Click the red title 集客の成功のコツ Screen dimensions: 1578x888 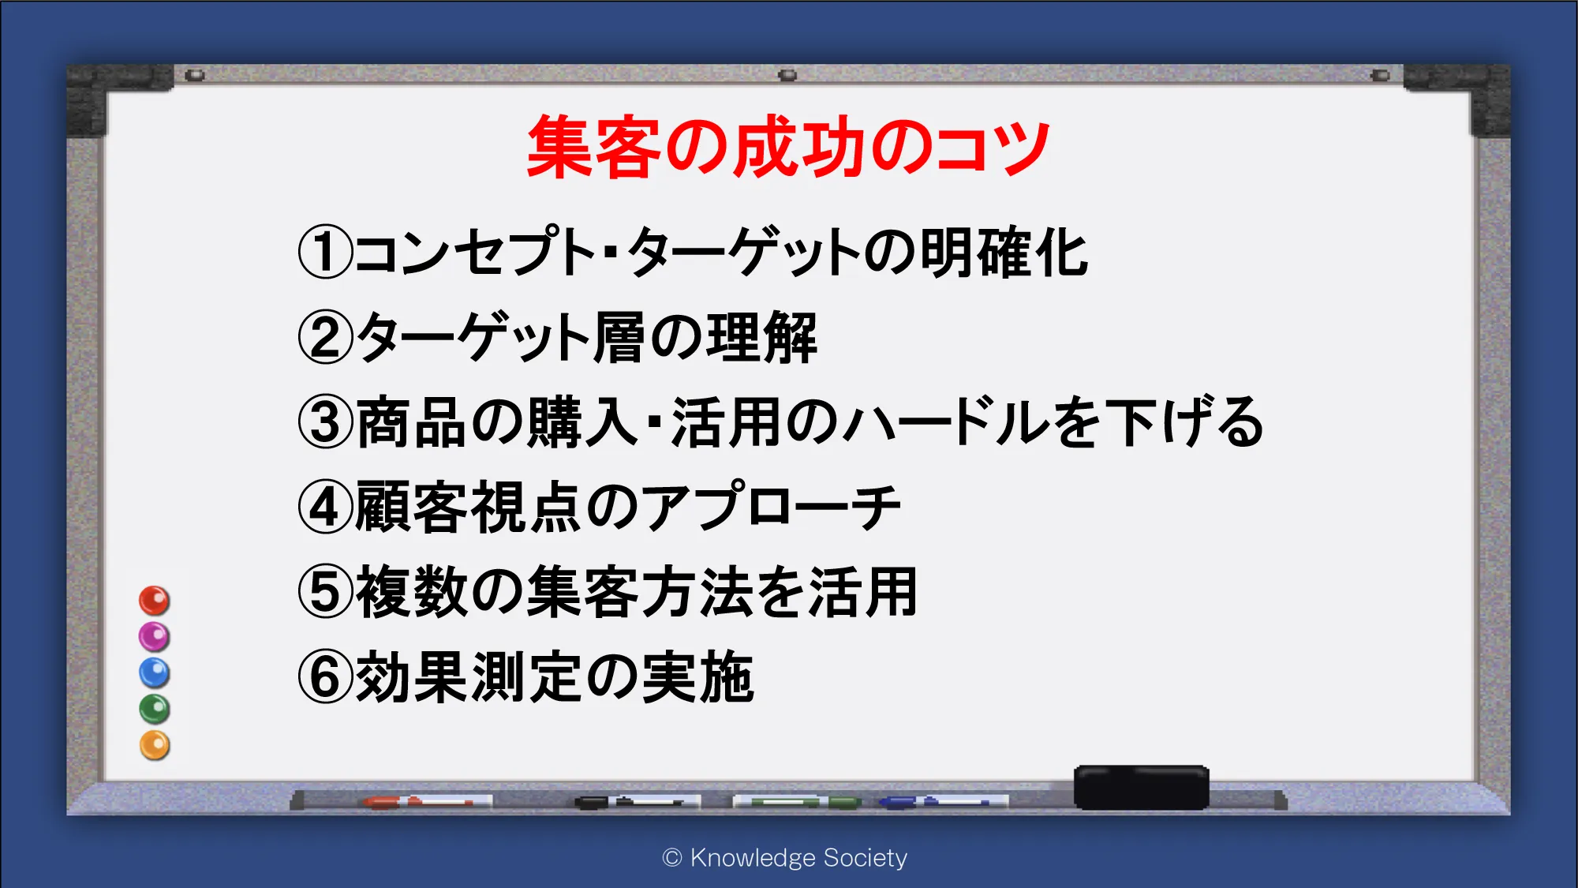pyautogui.click(x=788, y=147)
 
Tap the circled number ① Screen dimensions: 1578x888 pyautogui.click(x=325, y=253)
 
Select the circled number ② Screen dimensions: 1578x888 pyautogui.click(x=325, y=337)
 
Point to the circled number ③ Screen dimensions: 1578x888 pyautogui.click(x=325, y=422)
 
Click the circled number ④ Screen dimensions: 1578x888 pyautogui.click(x=325, y=508)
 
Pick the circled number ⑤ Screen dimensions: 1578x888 pyautogui.click(x=325, y=592)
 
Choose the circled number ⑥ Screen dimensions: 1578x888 pyautogui.click(x=325, y=676)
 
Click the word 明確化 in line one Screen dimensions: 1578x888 pyautogui.click(x=1004, y=253)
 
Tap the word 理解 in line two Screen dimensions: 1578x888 pyautogui.click(x=761, y=338)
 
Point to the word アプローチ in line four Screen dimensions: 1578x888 pyautogui.click(x=771, y=507)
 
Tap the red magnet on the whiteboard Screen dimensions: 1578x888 pyautogui.click(x=155, y=601)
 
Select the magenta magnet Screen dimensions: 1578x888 pyautogui.click(x=155, y=636)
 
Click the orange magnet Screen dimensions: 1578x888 pyautogui.click(x=155, y=745)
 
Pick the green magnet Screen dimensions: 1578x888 pyautogui.click(x=155, y=709)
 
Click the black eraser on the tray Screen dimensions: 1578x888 pyautogui.click(x=1142, y=787)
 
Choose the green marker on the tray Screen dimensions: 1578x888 pyautogui.click(x=797, y=802)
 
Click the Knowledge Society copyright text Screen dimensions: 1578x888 pyautogui.click(x=785, y=858)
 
